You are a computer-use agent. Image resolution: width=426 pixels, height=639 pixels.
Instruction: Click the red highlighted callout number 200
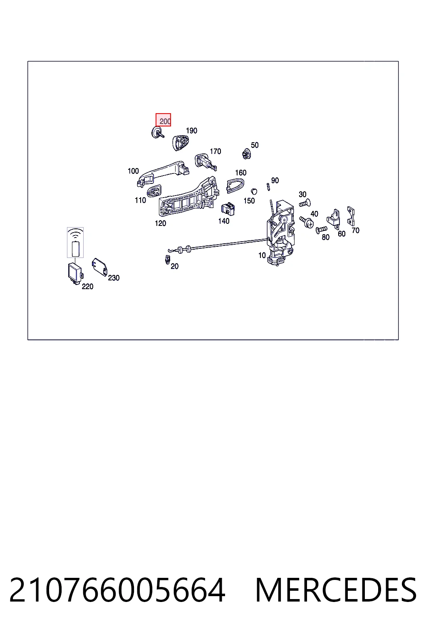click(163, 120)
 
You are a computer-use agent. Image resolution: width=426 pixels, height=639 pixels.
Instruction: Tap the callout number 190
click(191, 131)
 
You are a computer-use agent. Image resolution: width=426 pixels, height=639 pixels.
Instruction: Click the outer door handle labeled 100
click(163, 173)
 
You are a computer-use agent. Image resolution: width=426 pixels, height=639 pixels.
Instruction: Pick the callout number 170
click(215, 151)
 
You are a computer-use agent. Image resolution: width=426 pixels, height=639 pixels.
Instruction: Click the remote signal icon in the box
click(75, 243)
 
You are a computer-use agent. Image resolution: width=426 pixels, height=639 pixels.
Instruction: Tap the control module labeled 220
click(75, 273)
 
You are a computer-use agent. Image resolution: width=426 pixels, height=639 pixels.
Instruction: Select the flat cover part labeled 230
click(99, 267)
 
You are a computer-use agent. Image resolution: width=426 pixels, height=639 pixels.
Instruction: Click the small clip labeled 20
click(168, 259)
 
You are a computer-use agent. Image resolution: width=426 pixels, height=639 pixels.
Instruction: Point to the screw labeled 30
click(305, 204)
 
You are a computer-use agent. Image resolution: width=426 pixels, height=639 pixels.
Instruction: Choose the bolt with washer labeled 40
click(307, 222)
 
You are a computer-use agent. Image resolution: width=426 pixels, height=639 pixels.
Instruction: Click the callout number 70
click(356, 230)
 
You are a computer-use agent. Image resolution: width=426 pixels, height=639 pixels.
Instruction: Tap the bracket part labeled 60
click(334, 218)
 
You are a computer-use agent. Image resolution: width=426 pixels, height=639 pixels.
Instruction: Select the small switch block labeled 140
click(228, 209)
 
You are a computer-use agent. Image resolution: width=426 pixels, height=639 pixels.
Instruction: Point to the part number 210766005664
click(118, 590)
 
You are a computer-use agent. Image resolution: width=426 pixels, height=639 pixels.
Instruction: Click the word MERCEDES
click(336, 590)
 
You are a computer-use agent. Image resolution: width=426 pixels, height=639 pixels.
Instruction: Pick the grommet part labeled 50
click(247, 154)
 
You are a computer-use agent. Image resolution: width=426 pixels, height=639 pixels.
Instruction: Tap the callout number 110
click(140, 200)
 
